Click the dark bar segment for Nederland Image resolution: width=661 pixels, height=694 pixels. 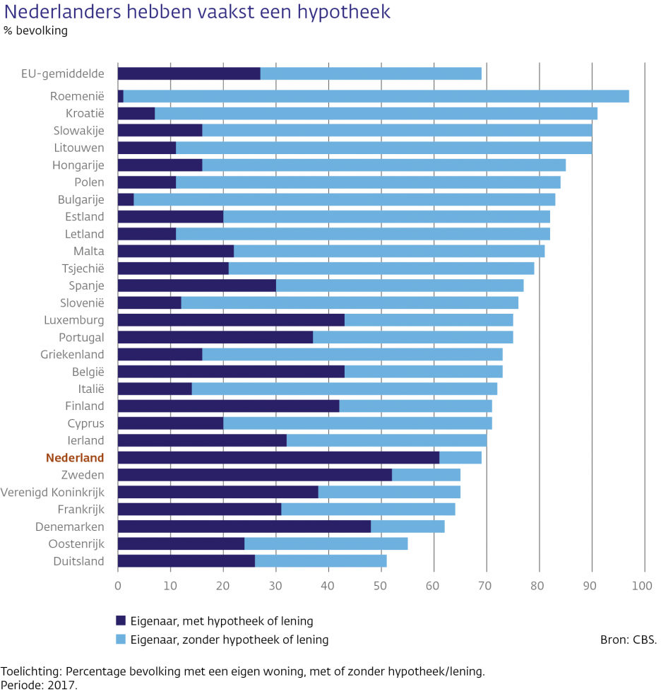[x=278, y=458]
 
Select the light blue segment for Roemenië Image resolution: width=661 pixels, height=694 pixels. [x=376, y=96]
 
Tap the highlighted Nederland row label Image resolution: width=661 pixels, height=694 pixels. [x=75, y=458]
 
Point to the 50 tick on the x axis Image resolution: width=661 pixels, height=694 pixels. [x=381, y=586]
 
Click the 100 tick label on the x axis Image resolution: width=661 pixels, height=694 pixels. [x=643, y=586]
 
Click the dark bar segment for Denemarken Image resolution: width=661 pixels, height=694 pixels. [x=244, y=527]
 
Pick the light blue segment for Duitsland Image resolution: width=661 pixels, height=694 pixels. [x=321, y=561]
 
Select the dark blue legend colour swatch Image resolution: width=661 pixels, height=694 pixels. [x=121, y=621]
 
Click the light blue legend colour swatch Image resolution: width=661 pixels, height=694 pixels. [x=121, y=640]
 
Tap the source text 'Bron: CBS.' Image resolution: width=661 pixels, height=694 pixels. [x=628, y=640]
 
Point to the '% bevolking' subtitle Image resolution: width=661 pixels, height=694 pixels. [x=35, y=31]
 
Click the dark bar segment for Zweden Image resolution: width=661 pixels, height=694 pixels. [x=254, y=475]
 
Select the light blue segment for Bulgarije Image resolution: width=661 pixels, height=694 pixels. [x=344, y=199]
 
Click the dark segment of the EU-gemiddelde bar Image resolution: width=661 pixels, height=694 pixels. [x=189, y=73]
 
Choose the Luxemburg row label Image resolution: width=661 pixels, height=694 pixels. [x=73, y=320]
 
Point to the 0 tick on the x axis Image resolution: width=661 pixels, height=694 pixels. [x=117, y=586]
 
